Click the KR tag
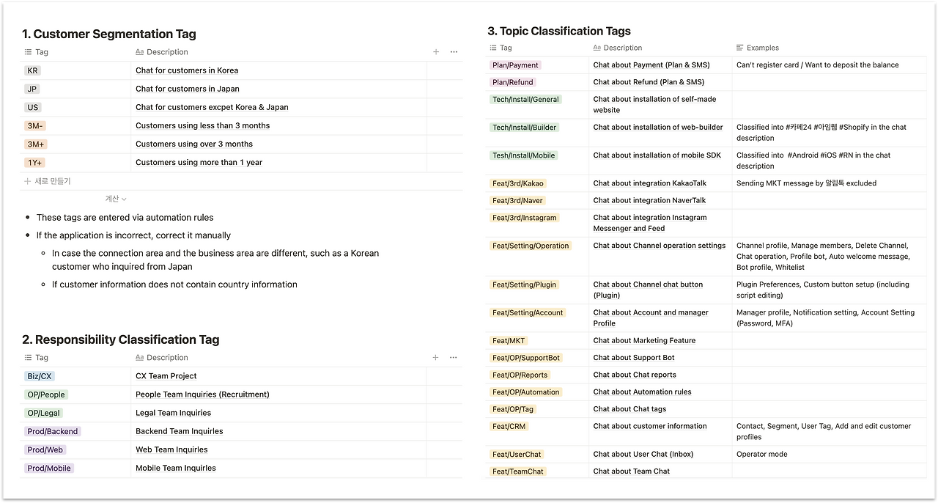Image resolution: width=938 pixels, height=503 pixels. click(x=32, y=70)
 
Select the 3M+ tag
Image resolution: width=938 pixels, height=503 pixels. click(x=36, y=144)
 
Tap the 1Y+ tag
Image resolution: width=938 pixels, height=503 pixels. click(x=36, y=163)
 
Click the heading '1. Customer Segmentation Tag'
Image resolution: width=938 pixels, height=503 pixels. click(x=108, y=34)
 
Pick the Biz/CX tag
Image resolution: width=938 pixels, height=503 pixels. click(x=40, y=376)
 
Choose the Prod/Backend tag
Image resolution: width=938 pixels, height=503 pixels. click(x=53, y=431)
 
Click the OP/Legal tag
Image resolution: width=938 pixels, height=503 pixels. click(x=43, y=413)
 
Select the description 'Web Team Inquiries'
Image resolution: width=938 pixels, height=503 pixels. click(x=171, y=449)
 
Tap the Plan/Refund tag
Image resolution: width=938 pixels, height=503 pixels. click(x=513, y=82)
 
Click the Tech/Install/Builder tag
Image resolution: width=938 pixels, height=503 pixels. click(x=525, y=128)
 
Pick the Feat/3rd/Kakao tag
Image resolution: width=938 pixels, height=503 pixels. click(x=518, y=183)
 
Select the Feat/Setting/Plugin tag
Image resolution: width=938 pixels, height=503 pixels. click(x=525, y=284)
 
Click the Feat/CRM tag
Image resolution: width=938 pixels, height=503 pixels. click(x=509, y=426)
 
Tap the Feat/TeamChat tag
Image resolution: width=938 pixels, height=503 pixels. click(x=518, y=471)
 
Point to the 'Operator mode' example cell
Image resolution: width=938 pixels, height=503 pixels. click(x=762, y=455)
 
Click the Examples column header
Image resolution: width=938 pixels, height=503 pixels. click(x=762, y=48)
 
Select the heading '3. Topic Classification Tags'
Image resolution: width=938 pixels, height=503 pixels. click(x=559, y=31)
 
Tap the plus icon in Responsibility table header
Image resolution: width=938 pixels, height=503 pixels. click(x=435, y=358)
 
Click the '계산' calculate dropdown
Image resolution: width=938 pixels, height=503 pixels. click(x=116, y=199)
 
